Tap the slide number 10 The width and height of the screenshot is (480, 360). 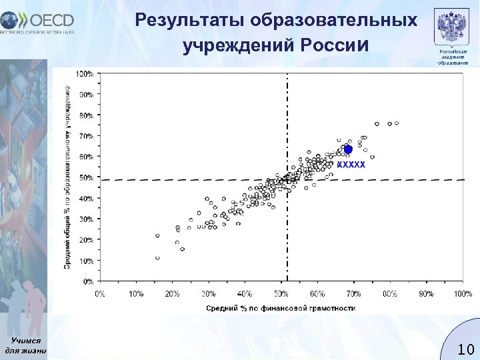coord(465,349)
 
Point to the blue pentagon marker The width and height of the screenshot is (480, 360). coord(347,149)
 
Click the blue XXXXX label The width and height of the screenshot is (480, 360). coord(351,164)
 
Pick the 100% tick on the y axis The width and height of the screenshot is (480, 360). coord(85,73)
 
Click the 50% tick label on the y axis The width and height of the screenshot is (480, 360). coord(86,177)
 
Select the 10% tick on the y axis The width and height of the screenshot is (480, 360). coord(86,261)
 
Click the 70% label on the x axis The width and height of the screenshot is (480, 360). coord(353,293)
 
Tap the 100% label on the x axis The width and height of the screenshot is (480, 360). coord(462,293)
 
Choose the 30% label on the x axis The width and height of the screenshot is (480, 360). coord(208,293)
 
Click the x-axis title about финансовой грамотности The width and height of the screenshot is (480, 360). coord(280,308)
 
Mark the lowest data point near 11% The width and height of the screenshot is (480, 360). coord(157,258)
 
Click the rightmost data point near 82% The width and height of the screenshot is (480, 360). coord(397,123)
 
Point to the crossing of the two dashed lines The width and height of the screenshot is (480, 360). coord(287,179)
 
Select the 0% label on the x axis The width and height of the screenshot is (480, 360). coord(99,293)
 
